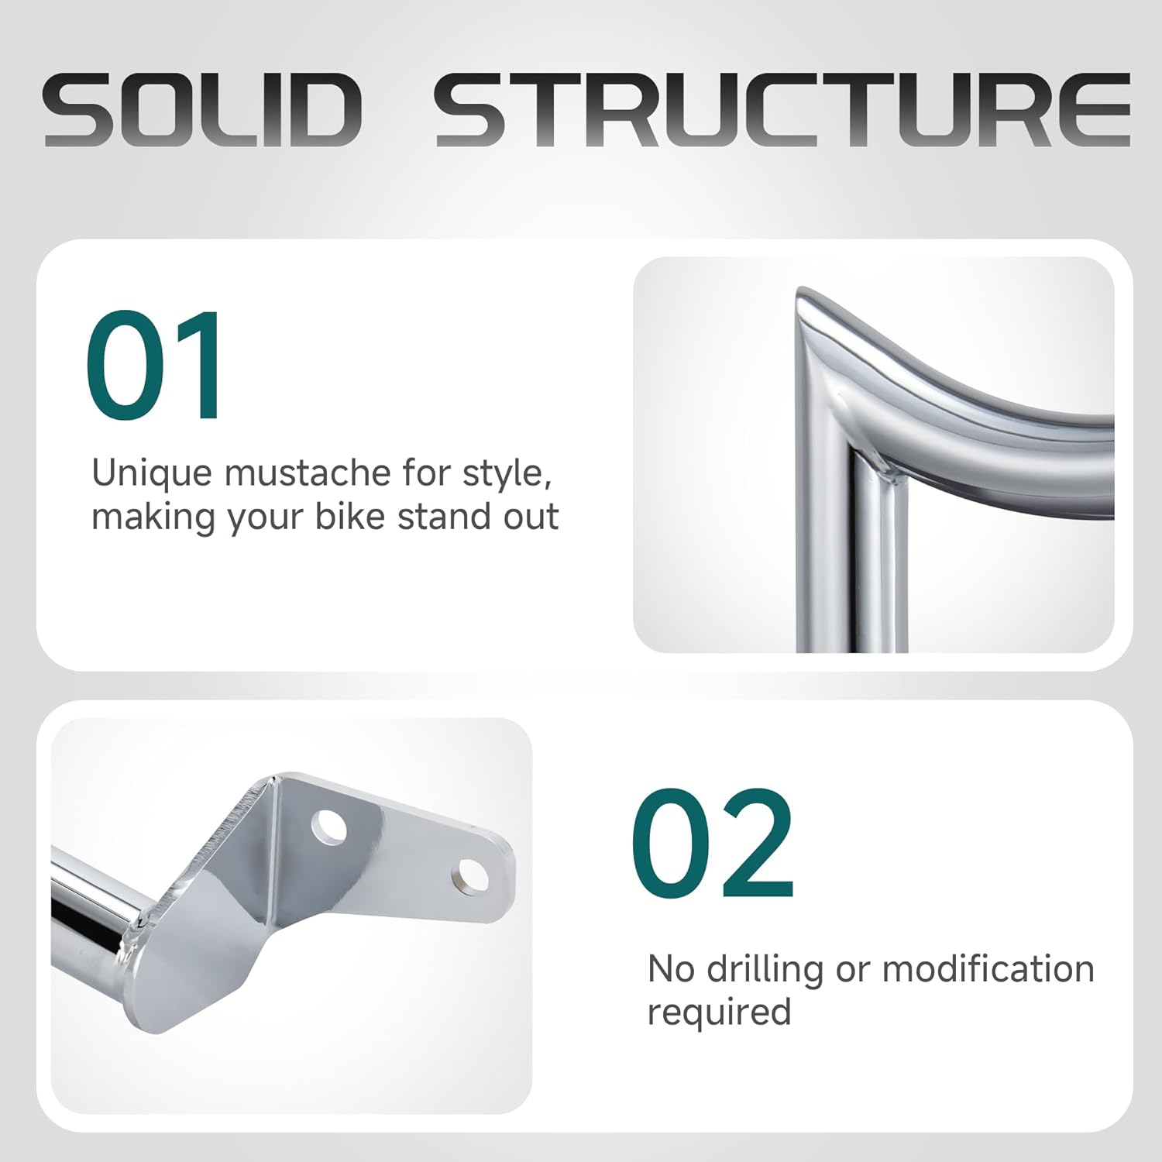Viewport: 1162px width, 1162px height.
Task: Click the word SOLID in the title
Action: click(x=203, y=110)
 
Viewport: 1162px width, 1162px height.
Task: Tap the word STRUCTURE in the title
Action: click(x=782, y=110)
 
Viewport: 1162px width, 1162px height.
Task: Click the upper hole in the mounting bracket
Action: click(x=330, y=827)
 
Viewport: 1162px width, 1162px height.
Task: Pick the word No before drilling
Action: click(x=671, y=969)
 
